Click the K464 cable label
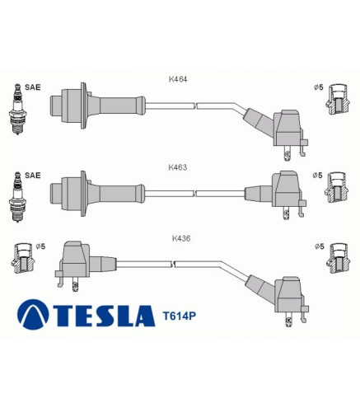[178, 79]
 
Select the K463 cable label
[178, 167]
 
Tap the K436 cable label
[181, 238]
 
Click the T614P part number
[179, 316]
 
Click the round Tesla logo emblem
[33, 314]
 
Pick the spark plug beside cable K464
[18, 109]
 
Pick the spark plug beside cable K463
[18, 197]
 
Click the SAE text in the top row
[33, 87]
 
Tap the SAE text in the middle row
[33, 176]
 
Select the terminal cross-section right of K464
[338, 99]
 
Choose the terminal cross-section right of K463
[337, 188]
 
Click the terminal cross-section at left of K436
[23, 259]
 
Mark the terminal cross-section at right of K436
[339, 258]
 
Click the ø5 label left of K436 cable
[40, 246]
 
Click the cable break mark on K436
[173, 265]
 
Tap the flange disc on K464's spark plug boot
[83, 106]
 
